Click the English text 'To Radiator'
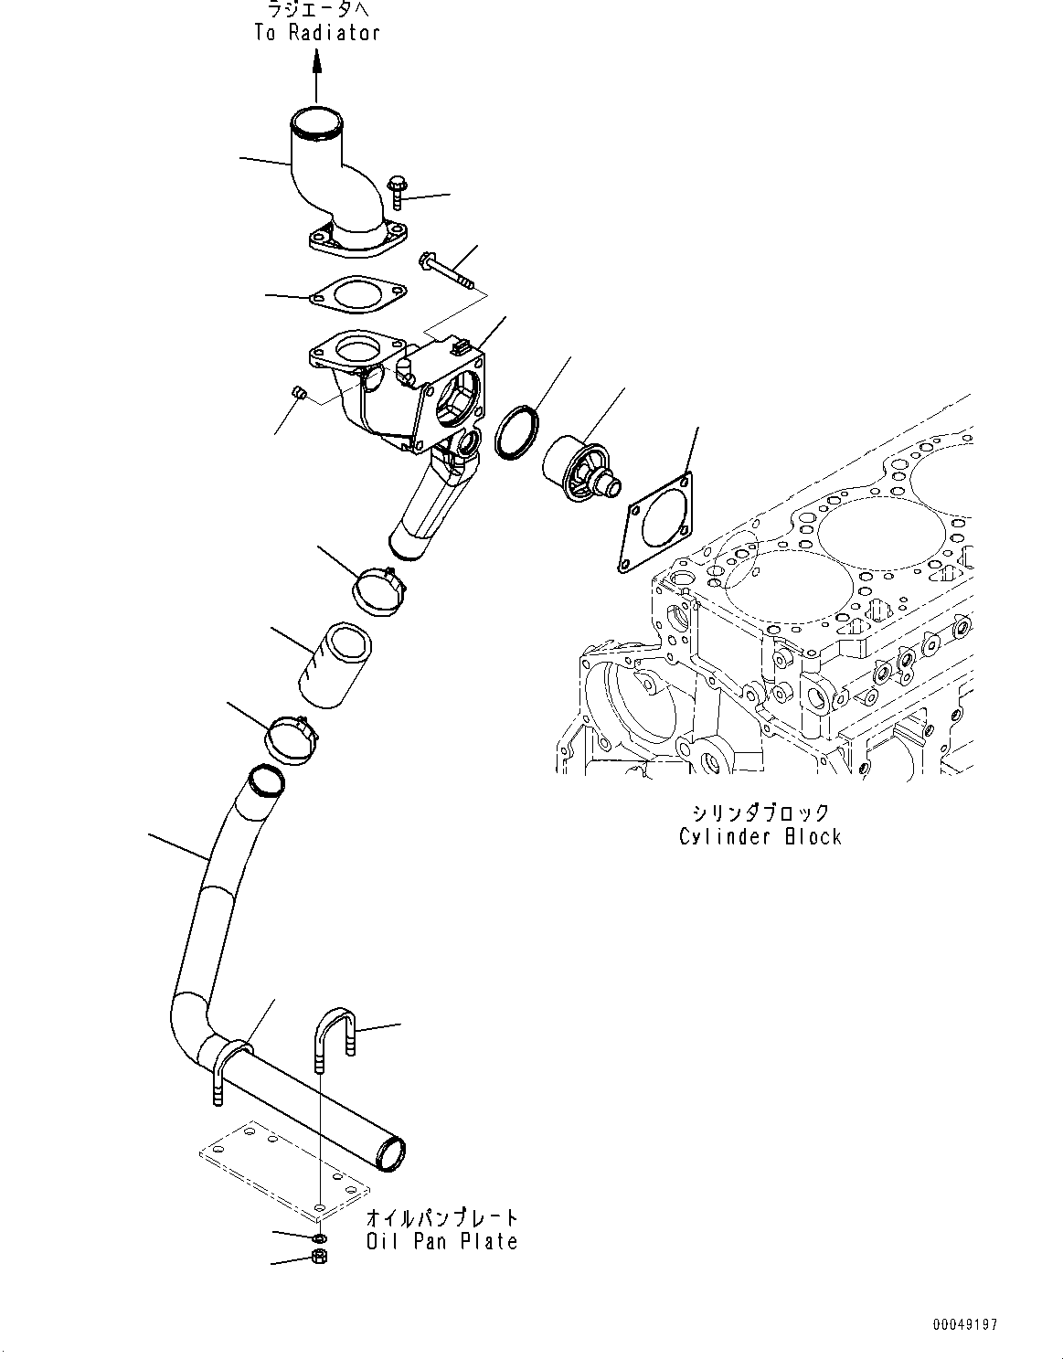point(316,33)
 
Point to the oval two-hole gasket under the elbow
point(356,295)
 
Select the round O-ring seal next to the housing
point(516,430)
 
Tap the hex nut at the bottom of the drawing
point(319,1258)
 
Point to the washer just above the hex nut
point(319,1238)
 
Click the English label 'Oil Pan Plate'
point(442,1241)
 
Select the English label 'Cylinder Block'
point(760,836)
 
